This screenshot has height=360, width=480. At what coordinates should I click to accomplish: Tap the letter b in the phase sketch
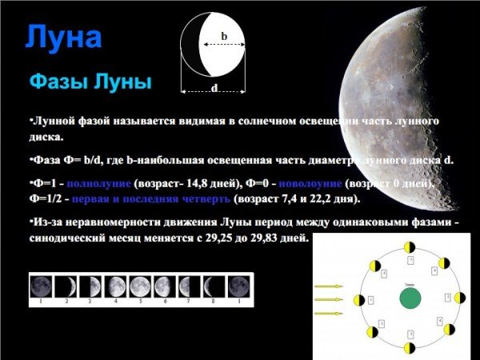(224, 36)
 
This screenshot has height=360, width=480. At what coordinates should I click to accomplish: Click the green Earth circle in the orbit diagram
(410, 298)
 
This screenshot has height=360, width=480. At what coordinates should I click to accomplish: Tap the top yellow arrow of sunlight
(329, 286)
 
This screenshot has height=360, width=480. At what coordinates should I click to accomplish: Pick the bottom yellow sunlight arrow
(329, 314)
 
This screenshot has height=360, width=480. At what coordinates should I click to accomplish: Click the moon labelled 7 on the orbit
(410, 247)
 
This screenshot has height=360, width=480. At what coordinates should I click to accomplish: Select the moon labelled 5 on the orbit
(459, 298)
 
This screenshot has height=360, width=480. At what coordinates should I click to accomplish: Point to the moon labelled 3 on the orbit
(410, 348)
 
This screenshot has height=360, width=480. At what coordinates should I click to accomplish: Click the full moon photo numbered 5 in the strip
(140, 286)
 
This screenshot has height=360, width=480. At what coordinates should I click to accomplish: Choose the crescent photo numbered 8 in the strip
(214, 286)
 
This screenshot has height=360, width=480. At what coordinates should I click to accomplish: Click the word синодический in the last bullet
(71, 238)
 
